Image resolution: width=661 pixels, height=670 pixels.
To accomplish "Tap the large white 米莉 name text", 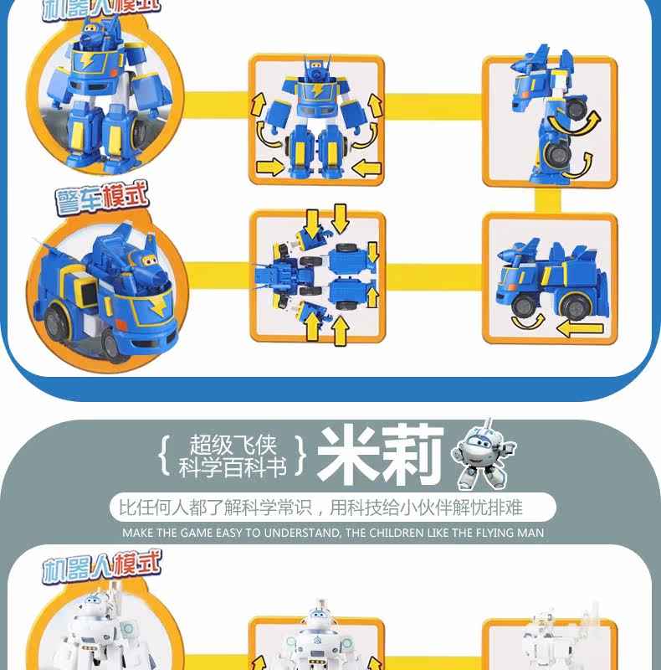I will [380, 457].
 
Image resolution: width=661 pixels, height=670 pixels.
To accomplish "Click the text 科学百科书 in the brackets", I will [233, 467].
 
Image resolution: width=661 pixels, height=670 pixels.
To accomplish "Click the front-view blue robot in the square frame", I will [316, 118].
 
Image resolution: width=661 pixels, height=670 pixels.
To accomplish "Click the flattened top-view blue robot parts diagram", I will [316, 278].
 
